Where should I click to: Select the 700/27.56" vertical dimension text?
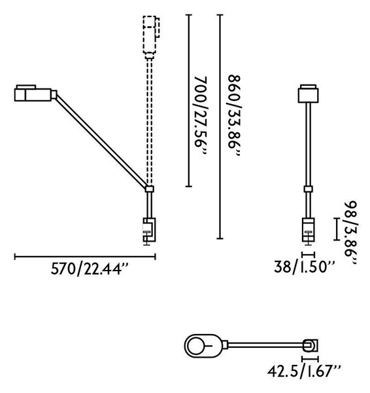point(201,115)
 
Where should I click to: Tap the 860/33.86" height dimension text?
point(234,115)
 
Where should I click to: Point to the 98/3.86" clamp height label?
point(350,233)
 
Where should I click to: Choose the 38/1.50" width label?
point(304,267)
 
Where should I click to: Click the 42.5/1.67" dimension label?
point(304,371)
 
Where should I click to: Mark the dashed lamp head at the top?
point(151,35)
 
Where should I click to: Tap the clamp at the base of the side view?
point(149,231)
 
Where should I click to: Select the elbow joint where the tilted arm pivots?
point(150,189)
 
